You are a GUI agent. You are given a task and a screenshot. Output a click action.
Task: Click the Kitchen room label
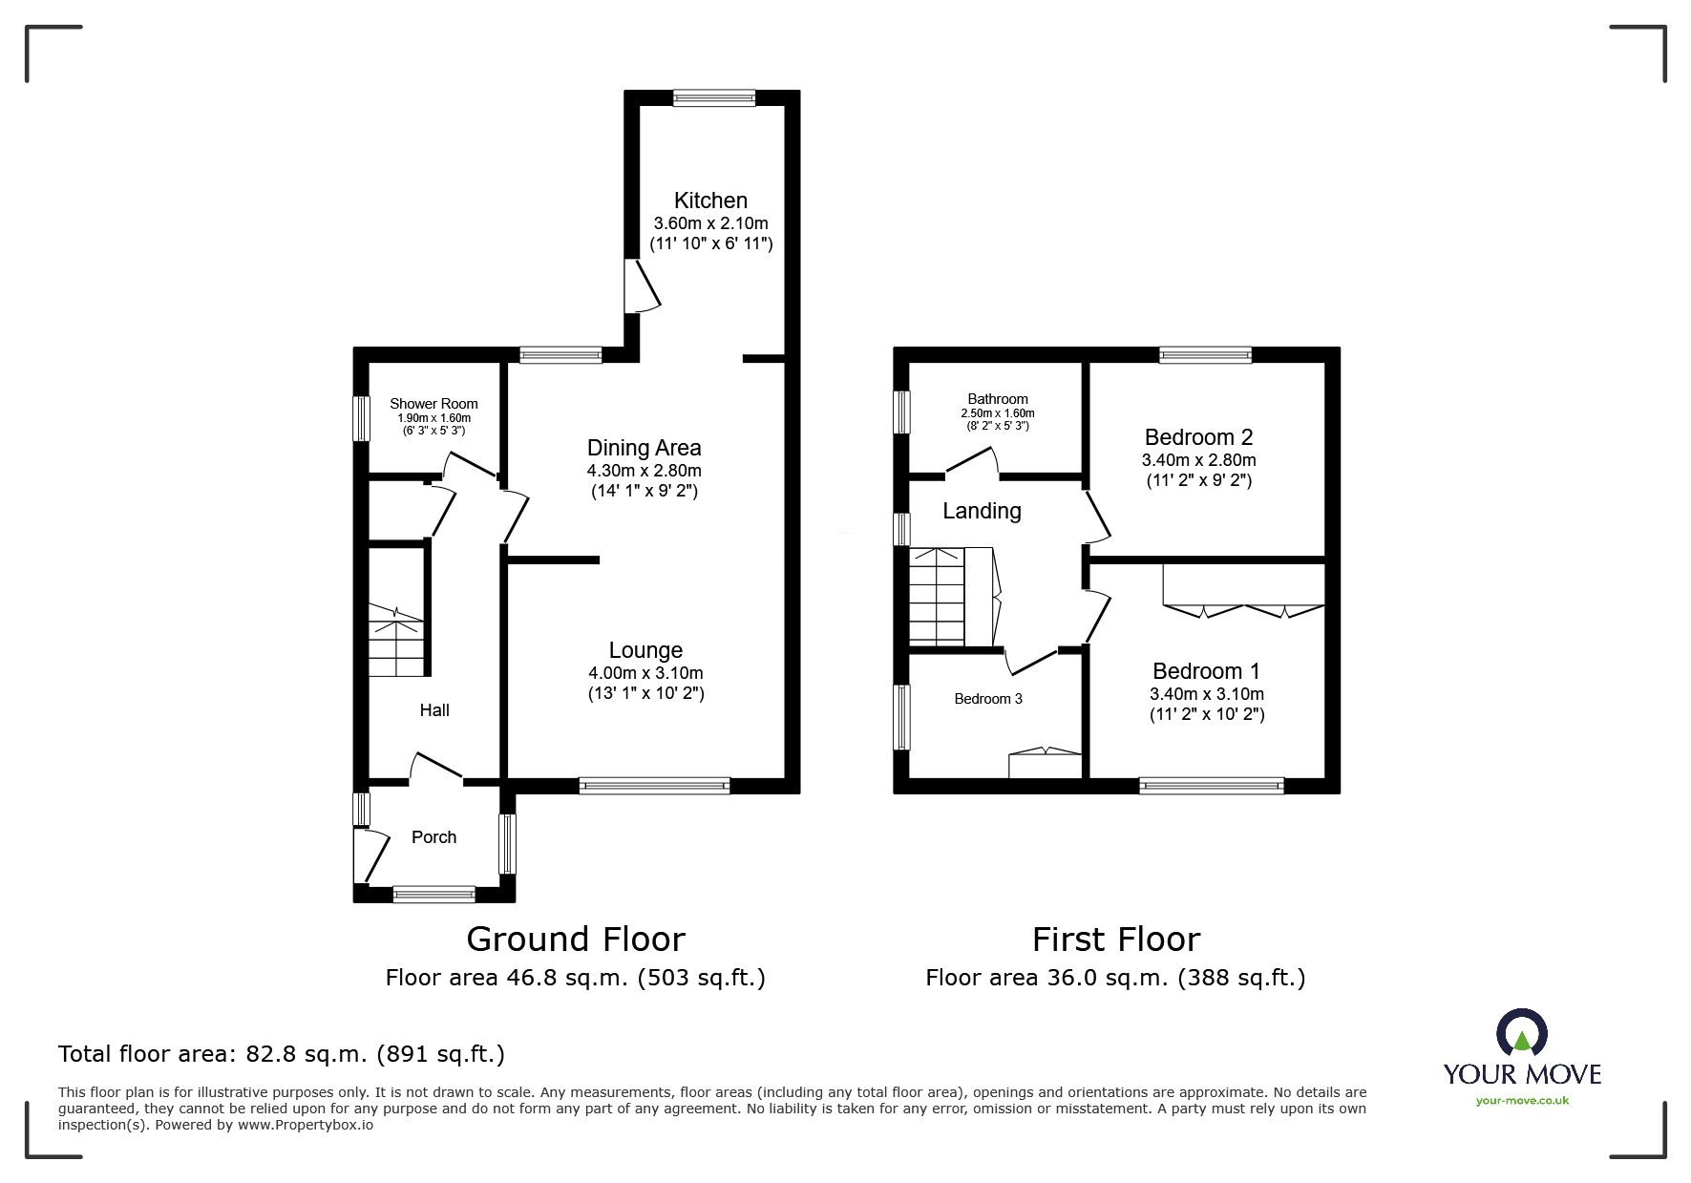[x=710, y=201]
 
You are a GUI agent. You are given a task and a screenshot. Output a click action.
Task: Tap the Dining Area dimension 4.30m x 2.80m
[x=644, y=471]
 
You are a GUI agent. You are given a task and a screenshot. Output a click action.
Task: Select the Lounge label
[x=645, y=650]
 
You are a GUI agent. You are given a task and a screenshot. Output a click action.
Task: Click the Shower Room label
[x=433, y=404]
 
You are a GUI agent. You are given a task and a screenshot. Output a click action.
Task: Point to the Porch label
[x=433, y=837]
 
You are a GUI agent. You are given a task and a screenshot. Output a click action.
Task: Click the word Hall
[x=434, y=710]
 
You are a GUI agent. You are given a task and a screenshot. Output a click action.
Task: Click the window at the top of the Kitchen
[x=713, y=97]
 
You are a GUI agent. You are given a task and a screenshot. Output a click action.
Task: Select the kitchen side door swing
[x=643, y=285]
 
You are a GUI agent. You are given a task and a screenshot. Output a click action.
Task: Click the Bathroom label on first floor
[x=998, y=399]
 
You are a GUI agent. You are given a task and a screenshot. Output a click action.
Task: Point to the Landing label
[x=982, y=512]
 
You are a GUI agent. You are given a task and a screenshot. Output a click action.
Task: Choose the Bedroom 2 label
[x=1198, y=437]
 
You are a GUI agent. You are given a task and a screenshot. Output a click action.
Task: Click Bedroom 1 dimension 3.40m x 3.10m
[x=1207, y=694]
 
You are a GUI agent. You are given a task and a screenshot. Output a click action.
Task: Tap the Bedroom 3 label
[x=988, y=699]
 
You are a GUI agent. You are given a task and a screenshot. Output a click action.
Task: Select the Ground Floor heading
[x=576, y=940]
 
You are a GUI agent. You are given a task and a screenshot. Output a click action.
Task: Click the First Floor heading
[x=1115, y=940]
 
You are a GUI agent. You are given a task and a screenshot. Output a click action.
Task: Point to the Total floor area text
[x=282, y=1054]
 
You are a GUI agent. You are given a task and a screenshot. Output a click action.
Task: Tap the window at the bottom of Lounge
[x=654, y=786]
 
